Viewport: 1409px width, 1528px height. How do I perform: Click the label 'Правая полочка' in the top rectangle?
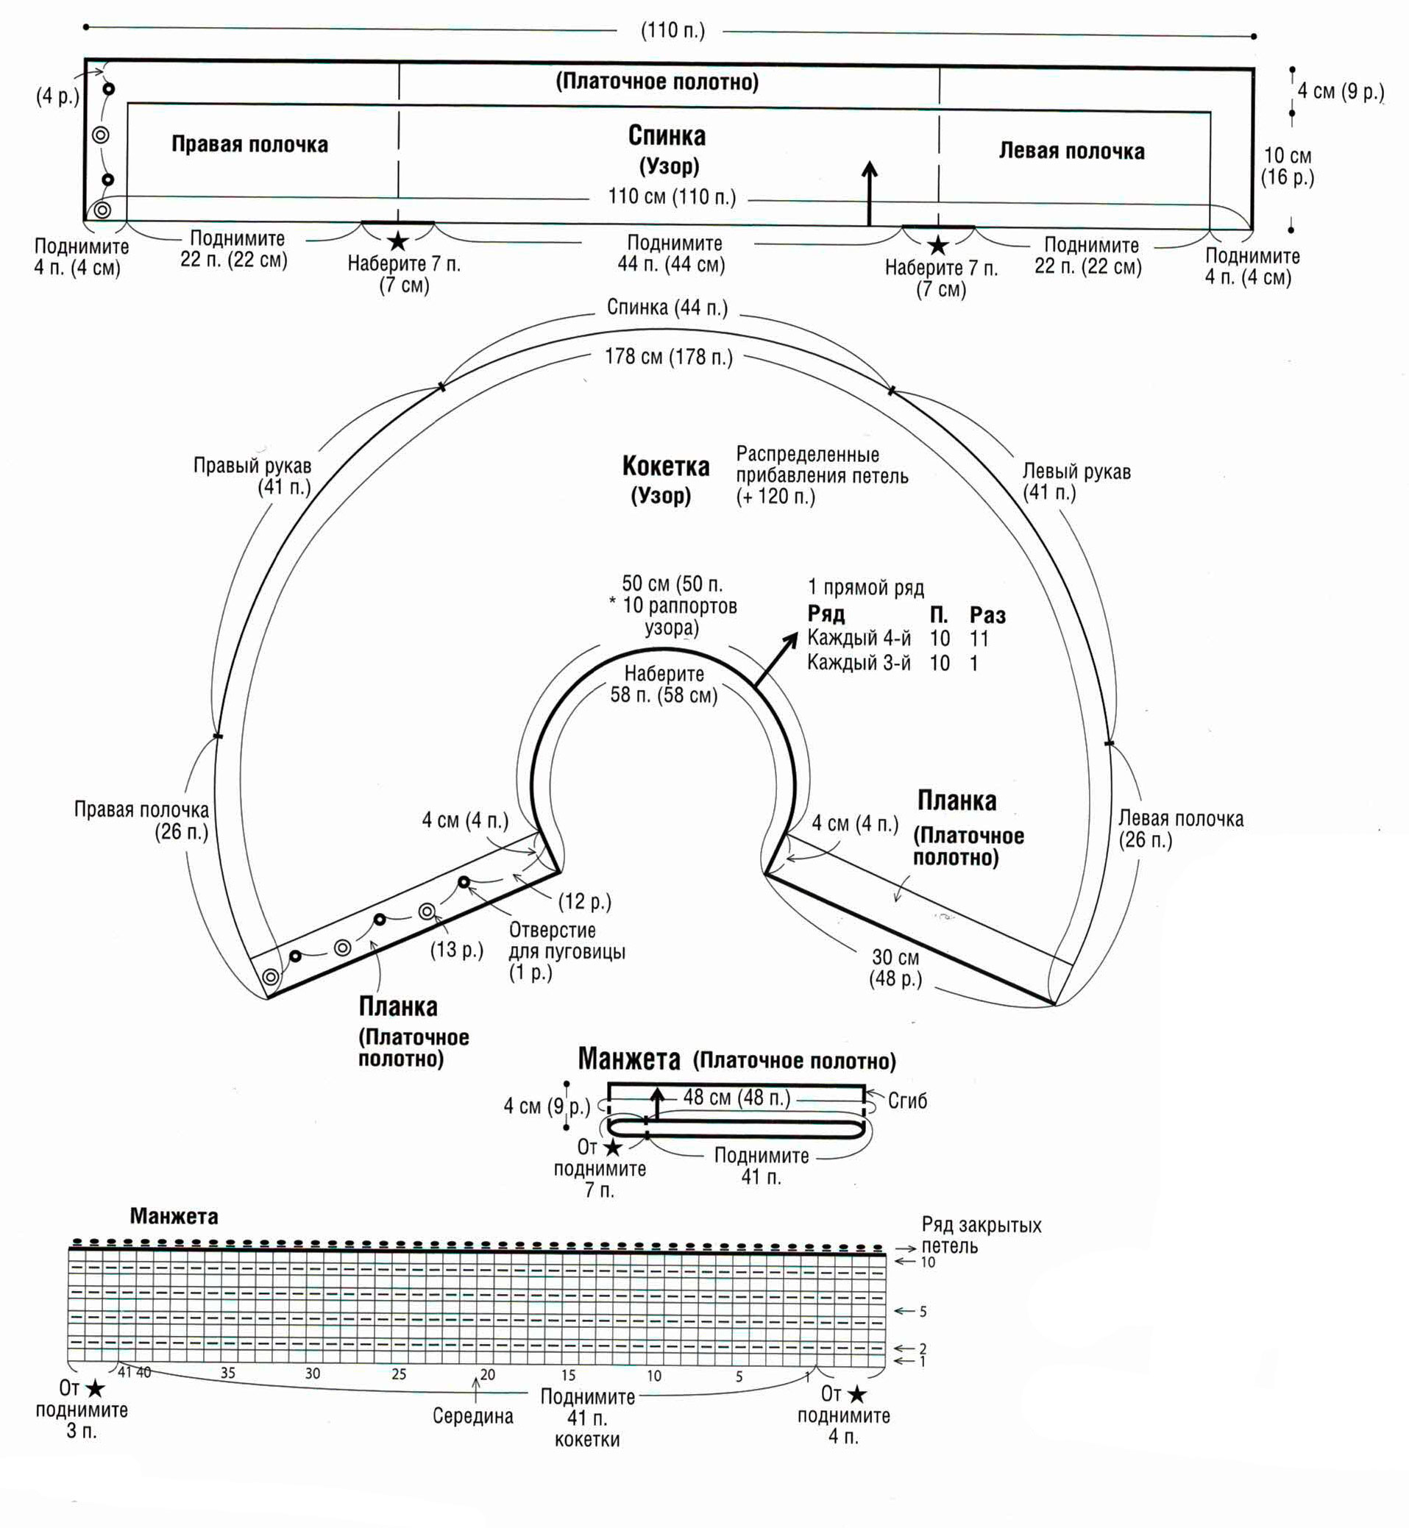coord(249,144)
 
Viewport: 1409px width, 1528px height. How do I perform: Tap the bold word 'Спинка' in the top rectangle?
coord(667,135)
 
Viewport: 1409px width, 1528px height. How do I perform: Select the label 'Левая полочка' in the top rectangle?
coord(1072,151)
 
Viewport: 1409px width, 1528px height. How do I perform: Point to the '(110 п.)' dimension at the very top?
coord(672,30)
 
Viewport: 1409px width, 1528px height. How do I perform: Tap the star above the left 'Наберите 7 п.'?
coord(398,243)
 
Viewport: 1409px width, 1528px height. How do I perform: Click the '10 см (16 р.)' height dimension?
coord(1288,166)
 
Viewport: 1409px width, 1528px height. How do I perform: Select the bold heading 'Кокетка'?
coord(666,466)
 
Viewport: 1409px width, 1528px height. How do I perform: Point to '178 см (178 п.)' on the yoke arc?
coord(669,357)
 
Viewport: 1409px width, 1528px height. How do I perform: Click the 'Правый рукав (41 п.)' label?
coord(252,476)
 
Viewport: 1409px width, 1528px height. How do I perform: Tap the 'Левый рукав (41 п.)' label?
coord(1076,482)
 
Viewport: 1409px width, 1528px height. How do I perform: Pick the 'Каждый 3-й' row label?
coord(859,663)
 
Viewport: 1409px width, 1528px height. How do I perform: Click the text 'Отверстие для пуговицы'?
coord(567,941)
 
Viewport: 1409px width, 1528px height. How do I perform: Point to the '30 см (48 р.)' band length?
coord(896,968)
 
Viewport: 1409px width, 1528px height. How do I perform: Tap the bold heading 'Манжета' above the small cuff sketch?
coord(629,1059)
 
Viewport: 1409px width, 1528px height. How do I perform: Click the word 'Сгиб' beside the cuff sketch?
coord(907,1101)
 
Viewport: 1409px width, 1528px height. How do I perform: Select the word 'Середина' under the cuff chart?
coord(472,1416)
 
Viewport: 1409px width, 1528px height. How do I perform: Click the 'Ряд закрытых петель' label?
coord(982,1236)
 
